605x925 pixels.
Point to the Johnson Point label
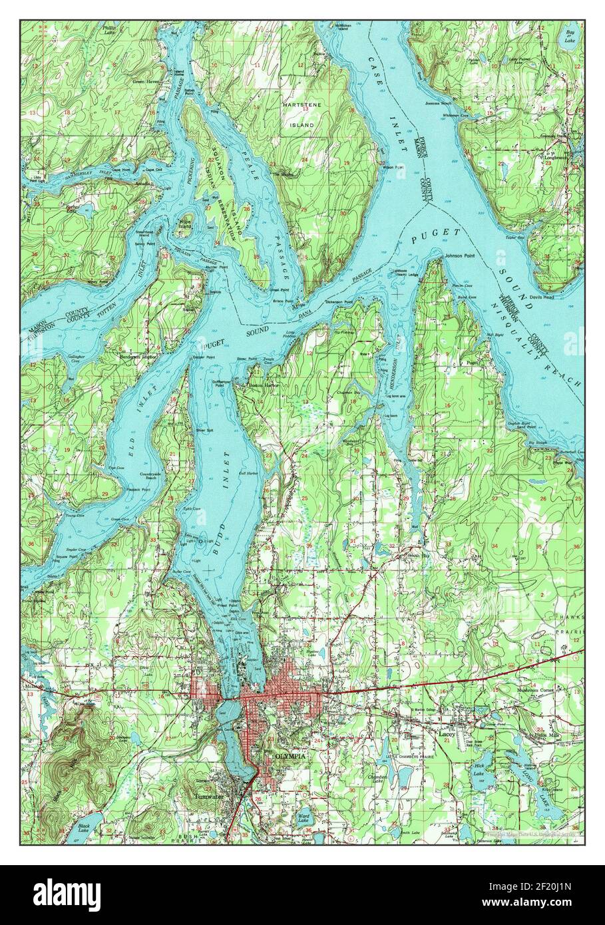pos(462,252)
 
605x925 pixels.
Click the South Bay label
pos(417,554)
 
